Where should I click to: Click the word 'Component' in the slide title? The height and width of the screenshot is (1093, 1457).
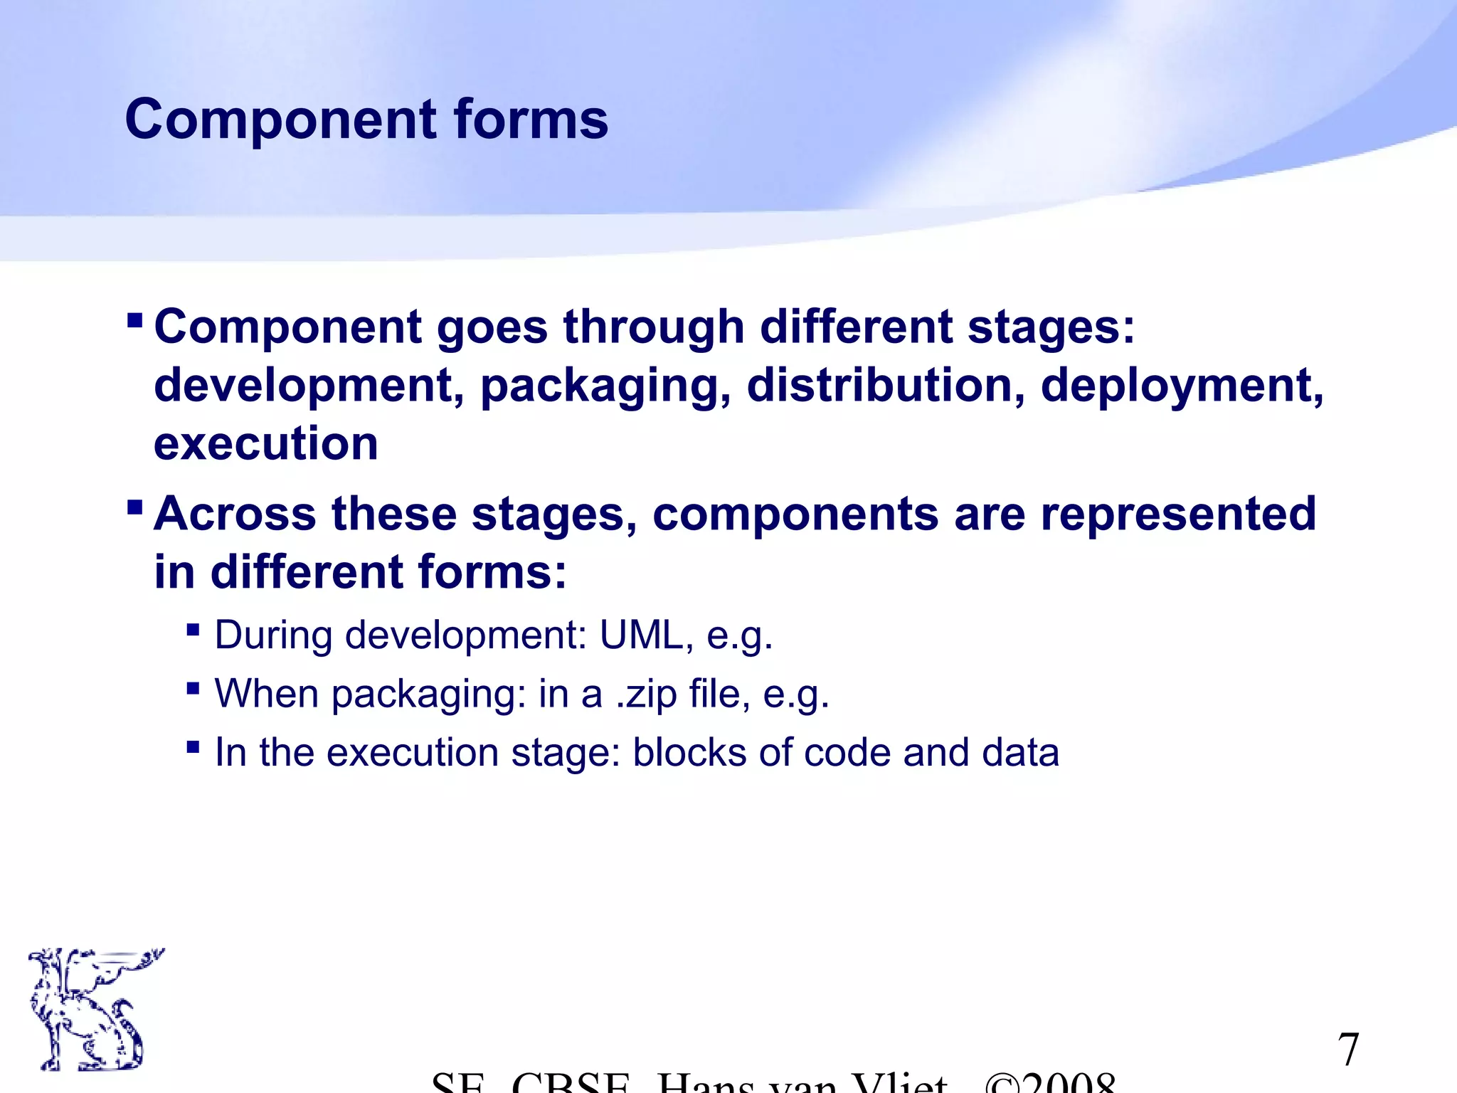tap(280, 119)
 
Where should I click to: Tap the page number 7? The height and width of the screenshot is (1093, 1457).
tap(1348, 1049)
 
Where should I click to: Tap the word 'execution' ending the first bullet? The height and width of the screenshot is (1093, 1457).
tap(265, 444)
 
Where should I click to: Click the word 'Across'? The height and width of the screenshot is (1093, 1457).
tap(235, 514)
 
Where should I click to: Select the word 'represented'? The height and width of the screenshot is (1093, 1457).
tap(1177, 514)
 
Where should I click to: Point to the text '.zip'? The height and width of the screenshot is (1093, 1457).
tap(646, 694)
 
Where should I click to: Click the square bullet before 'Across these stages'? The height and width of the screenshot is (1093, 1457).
tap(134, 507)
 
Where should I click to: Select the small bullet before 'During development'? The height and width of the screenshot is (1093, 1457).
tap(193, 630)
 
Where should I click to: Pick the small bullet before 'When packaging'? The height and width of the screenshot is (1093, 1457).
tap(193, 688)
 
